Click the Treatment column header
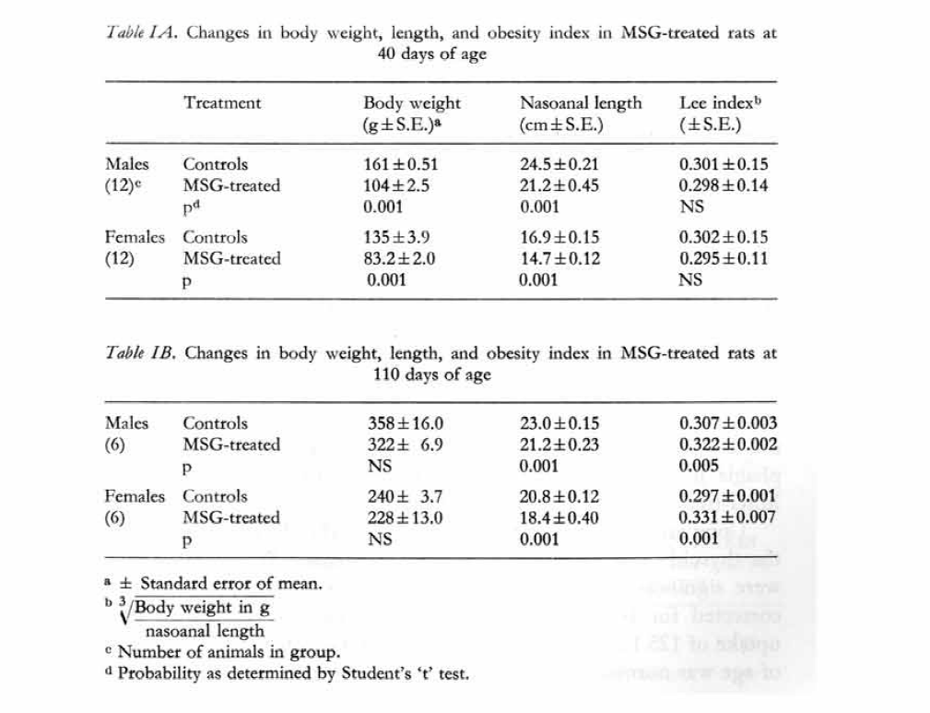(x=222, y=103)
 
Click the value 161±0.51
(x=401, y=165)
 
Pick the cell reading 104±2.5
(x=398, y=185)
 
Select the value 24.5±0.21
(x=559, y=165)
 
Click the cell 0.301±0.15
(x=724, y=165)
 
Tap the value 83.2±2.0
(x=401, y=259)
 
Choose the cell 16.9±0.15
(x=559, y=237)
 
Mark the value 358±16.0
(x=406, y=424)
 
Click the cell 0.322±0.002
(x=727, y=445)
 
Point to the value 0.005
(x=698, y=466)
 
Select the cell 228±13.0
(x=406, y=518)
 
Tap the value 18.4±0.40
(x=559, y=518)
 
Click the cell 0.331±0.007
(x=727, y=518)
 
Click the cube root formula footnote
(x=198, y=619)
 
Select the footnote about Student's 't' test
(x=292, y=674)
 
